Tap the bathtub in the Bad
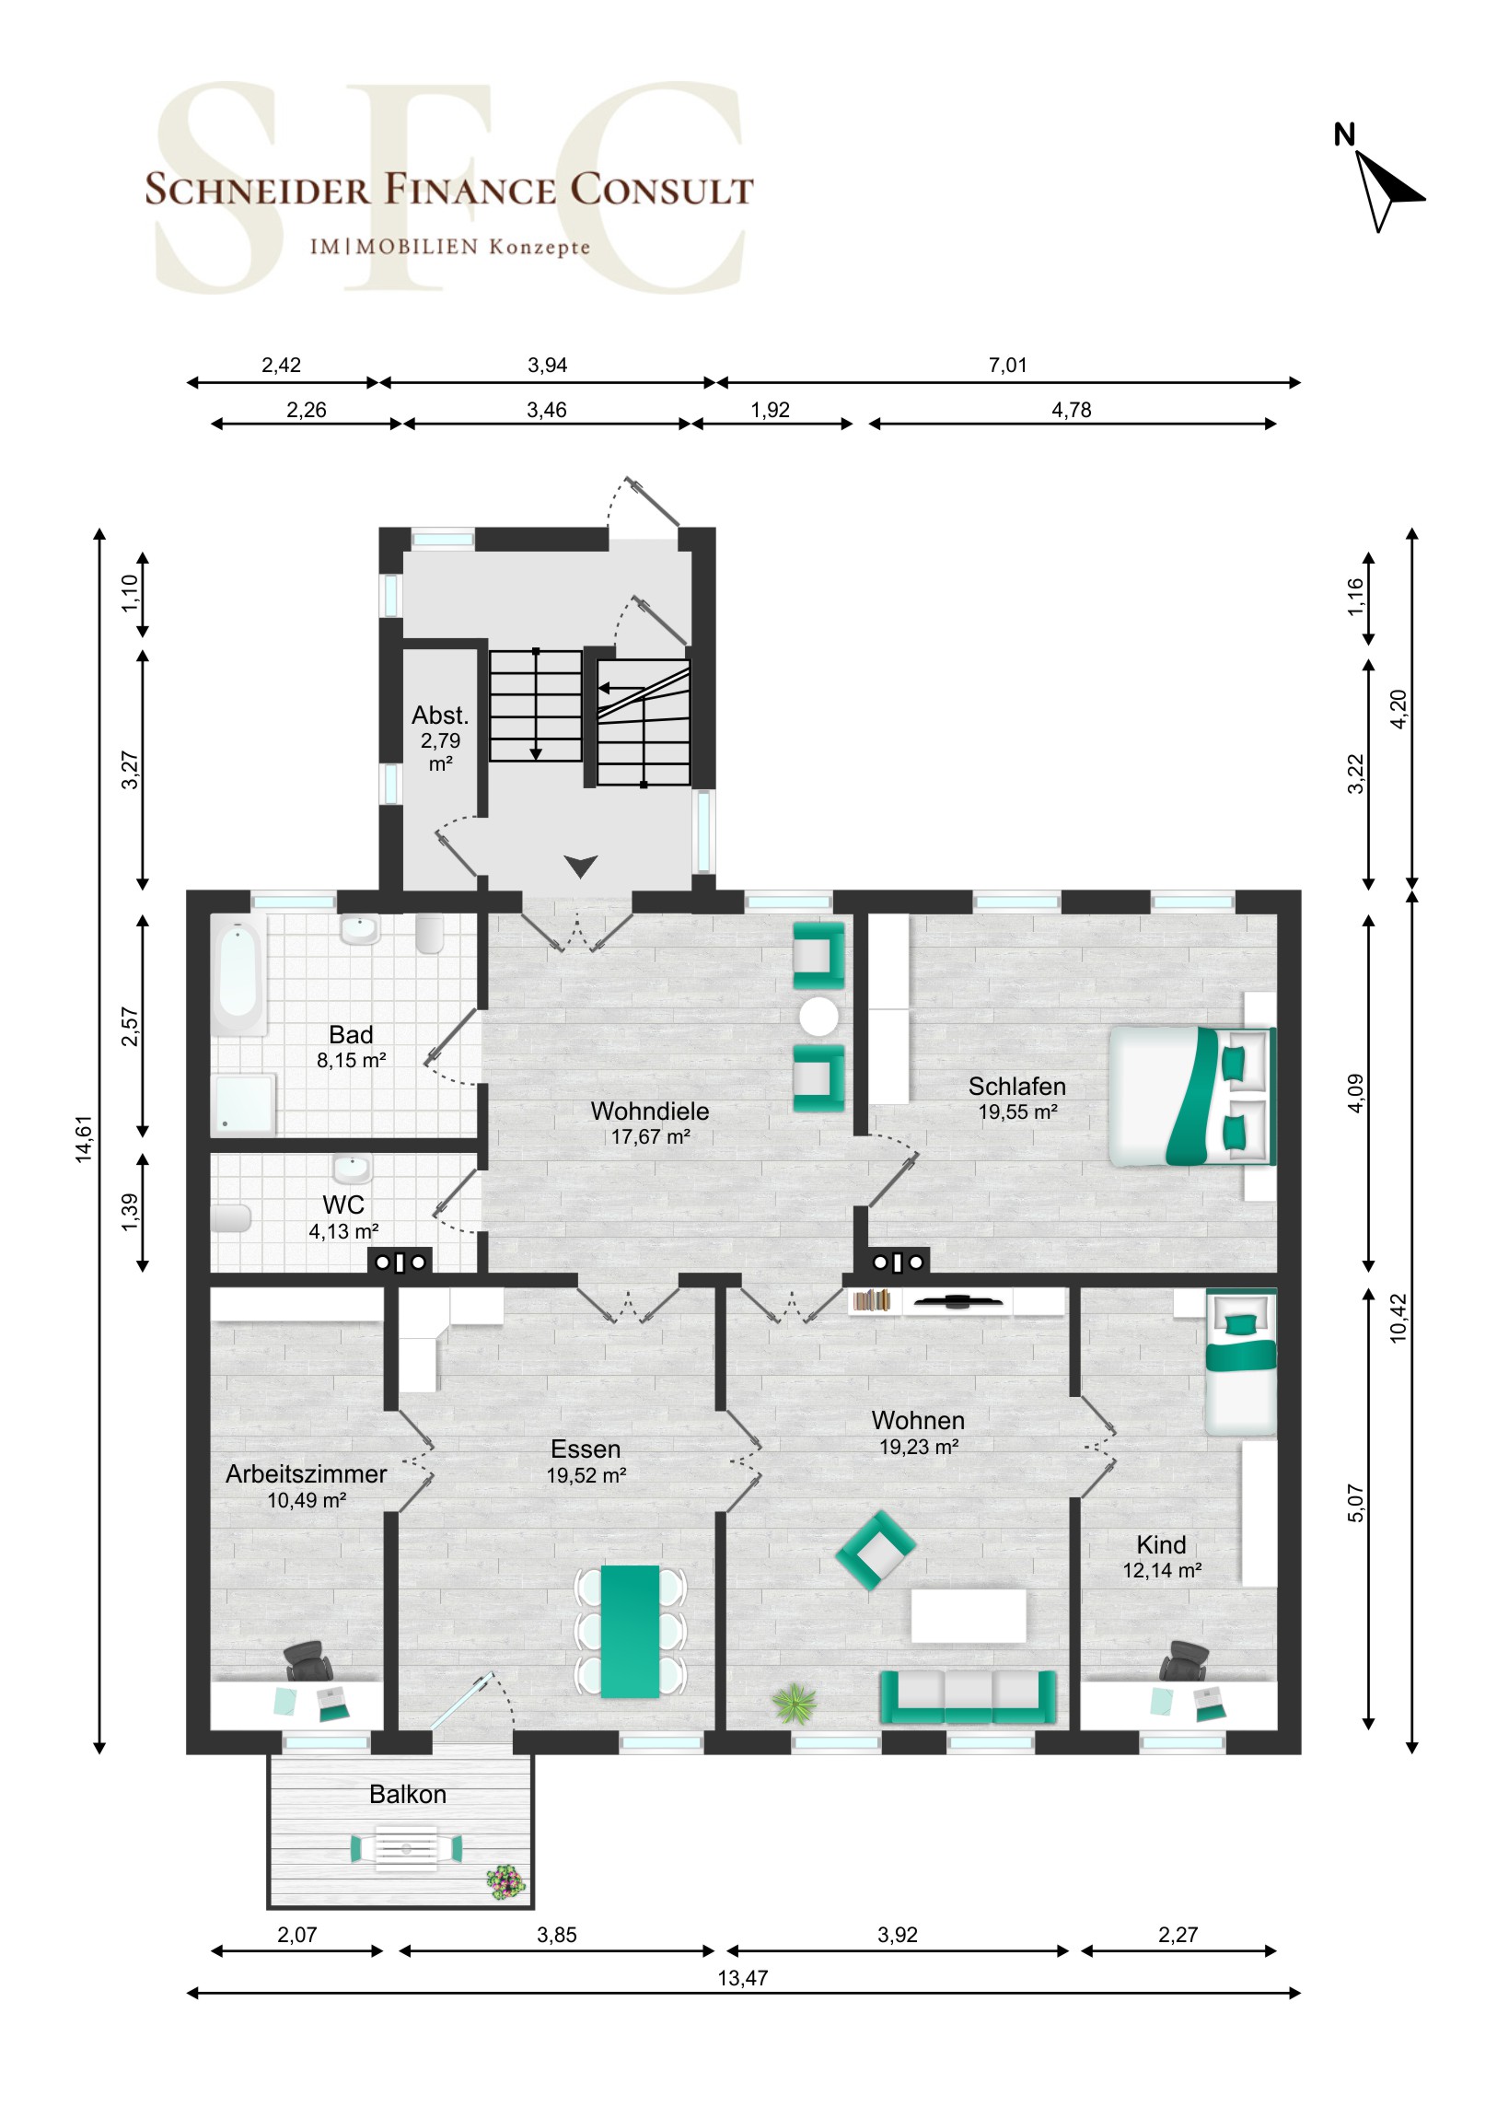[x=238, y=978]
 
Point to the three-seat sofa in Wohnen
[x=968, y=1697]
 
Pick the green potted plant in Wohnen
[x=795, y=1703]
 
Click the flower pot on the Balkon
[x=505, y=1882]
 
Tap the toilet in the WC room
[x=230, y=1217]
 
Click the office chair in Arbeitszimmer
[x=308, y=1661]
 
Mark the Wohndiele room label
[x=650, y=1111]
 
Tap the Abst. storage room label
[x=440, y=715]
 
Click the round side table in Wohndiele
[x=819, y=1017]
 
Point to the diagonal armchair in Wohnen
[x=876, y=1551]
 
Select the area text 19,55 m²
[x=1017, y=1112]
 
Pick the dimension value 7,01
[x=1007, y=366]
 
